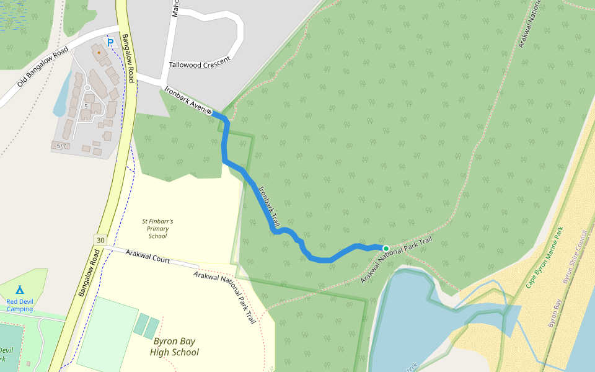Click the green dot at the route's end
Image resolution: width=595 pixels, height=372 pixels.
pyautogui.click(x=386, y=249)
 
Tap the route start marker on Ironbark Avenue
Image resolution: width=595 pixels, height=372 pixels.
pyautogui.click(x=209, y=112)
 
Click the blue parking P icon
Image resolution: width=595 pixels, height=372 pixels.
pyautogui.click(x=110, y=43)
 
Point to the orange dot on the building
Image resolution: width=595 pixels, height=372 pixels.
pyautogui.click(x=99, y=53)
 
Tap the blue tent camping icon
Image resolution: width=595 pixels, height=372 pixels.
pyautogui.click(x=19, y=290)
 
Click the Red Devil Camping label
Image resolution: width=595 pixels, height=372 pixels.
pyautogui.click(x=19, y=305)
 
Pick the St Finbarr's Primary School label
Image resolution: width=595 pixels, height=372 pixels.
pyautogui.click(x=157, y=228)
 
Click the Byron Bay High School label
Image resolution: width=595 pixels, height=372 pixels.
pyautogui.click(x=175, y=347)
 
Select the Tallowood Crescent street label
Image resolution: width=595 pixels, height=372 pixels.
pyautogui.click(x=200, y=62)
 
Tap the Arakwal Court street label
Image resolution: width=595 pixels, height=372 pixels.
pyautogui.click(x=148, y=256)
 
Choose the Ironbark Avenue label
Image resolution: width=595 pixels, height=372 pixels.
pyautogui.click(x=185, y=99)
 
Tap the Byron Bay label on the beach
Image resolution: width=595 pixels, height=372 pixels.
pyautogui.click(x=554, y=312)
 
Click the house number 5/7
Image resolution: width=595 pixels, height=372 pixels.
pyautogui.click(x=61, y=146)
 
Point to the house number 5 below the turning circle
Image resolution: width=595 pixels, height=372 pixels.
pyautogui.click(x=86, y=106)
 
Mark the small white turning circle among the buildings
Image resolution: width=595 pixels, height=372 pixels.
pyautogui.click(x=87, y=88)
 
